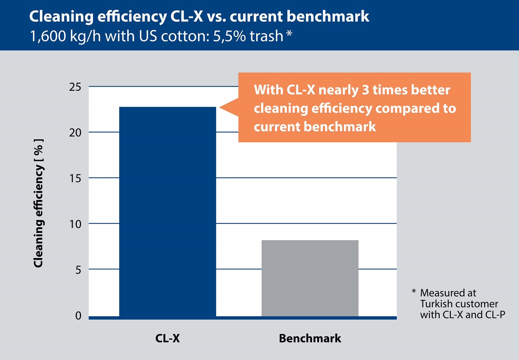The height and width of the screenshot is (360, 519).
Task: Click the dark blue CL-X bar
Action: [167, 211]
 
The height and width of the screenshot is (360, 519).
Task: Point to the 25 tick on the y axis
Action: [75, 87]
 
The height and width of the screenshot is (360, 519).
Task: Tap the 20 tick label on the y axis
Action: [75, 132]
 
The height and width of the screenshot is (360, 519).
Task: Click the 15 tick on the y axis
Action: [75, 178]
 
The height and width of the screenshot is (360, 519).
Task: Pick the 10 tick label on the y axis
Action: [75, 224]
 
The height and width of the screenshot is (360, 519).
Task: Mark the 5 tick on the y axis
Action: [78, 270]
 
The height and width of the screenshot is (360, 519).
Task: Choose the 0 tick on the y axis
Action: [78, 315]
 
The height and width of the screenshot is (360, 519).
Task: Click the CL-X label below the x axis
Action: [167, 338]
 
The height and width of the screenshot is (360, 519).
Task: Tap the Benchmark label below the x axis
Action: [310, 338]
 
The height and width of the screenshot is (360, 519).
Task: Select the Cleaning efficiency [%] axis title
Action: [38, 203]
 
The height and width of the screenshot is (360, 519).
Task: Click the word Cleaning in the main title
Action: [61, 16]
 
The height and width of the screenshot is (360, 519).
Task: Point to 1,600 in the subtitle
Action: [48, 36]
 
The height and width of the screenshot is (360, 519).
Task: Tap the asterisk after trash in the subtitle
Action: [289, 34]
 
